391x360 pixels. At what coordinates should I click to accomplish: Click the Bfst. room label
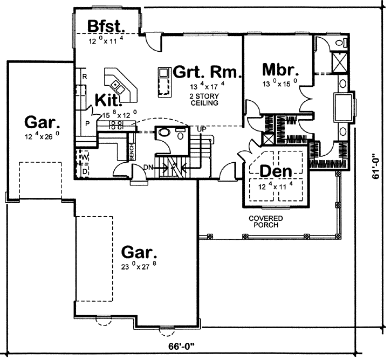tap(107, 26)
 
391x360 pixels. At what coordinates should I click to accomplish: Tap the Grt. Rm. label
tap(207, 72)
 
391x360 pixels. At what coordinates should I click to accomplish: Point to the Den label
tap(276, 171)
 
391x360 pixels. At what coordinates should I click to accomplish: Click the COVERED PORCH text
tap(264, 221)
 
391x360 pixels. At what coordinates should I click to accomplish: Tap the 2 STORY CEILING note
tap(203, 99)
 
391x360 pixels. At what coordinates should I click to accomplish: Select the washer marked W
tap(85, 157)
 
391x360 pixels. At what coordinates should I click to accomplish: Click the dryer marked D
tap(85, 171)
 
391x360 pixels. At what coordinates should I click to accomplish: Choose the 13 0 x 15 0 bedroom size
tap(279, 84)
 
